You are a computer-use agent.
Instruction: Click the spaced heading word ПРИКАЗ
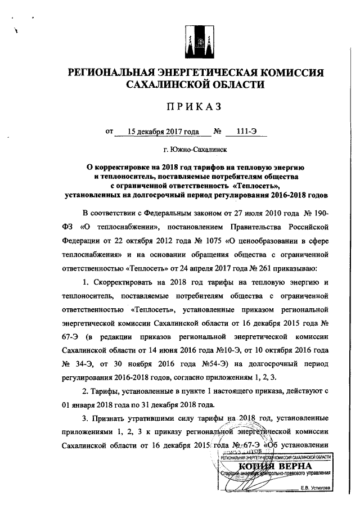[195, 107]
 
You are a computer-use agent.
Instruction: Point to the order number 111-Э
[246, 132]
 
